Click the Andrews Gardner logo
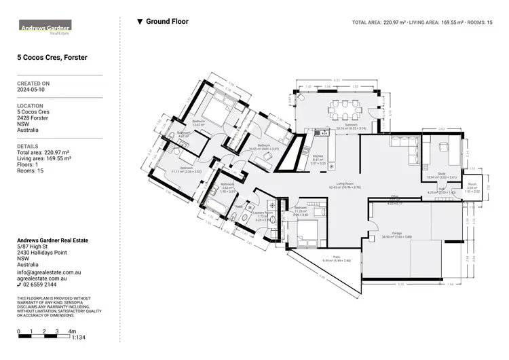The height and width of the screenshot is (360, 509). [44, 28]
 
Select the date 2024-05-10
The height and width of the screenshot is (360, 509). [31, 89]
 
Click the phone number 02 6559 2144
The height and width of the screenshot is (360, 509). [44, 285]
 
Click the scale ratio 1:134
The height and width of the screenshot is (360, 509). [78, 337]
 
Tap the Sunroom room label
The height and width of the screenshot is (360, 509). [351, 126]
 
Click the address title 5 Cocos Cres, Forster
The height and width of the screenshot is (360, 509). [52, 58]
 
